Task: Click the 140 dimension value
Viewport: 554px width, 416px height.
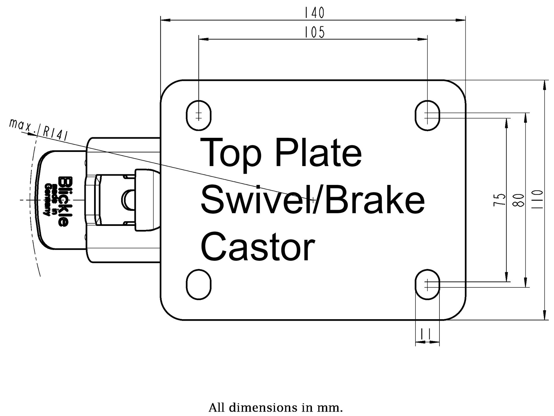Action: pyautogui.click(x=315, y=13)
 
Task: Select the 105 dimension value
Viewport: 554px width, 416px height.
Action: pyautogui.click(x=315, y=32)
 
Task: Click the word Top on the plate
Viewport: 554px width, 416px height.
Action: pyautogui.click(x=231, y=153)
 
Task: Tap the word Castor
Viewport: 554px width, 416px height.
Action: pyautogui.click(x=257, y=247)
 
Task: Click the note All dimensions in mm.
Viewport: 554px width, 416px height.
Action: pyautogui.click(x=276, y=408)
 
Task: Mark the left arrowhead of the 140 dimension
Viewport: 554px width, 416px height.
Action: pyautogui.click(x=165, y=20)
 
